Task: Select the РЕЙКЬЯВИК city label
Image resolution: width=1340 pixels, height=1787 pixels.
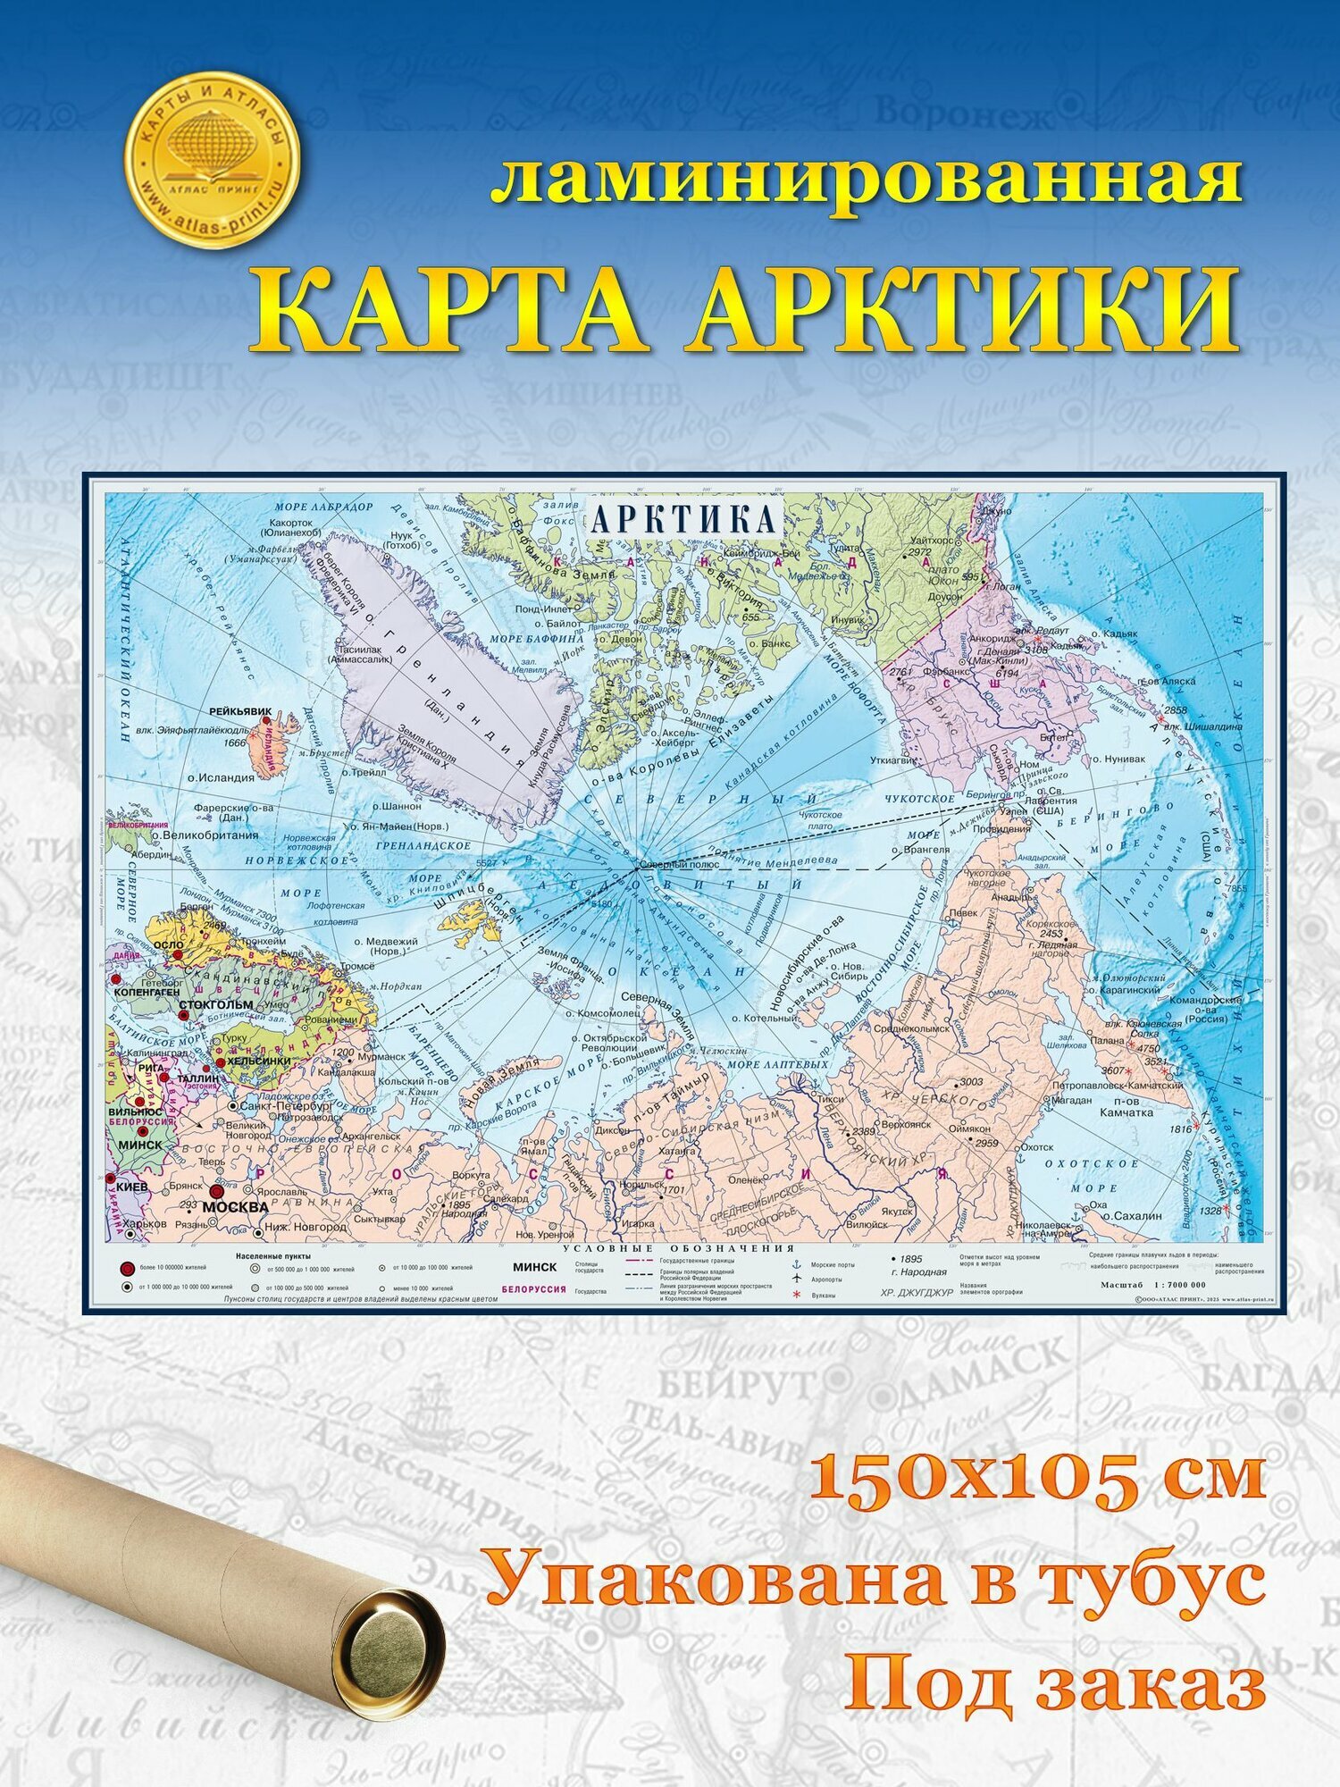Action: point(239,712)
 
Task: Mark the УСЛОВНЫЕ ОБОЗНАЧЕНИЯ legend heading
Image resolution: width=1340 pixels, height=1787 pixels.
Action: point(680,1248)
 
